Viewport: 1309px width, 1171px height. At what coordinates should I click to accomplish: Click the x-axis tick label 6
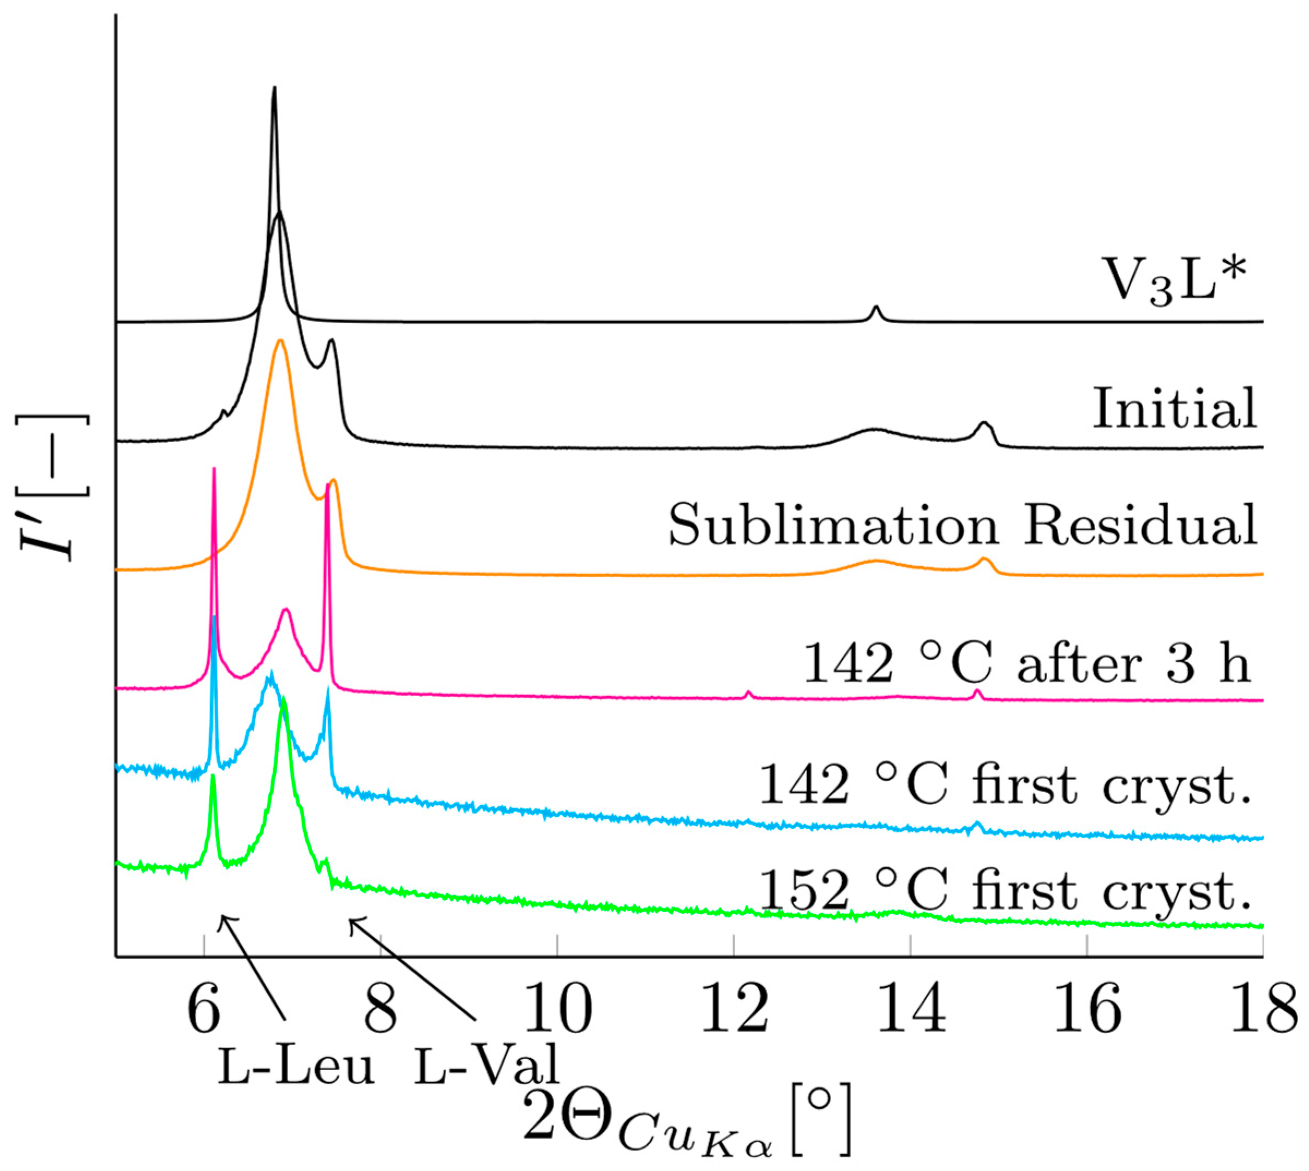click(x=204, y=1010)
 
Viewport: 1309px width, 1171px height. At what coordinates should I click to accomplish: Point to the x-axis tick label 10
click(x=557, y=1010)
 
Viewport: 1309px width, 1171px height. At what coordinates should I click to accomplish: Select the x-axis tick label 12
click(x=734, y=1010)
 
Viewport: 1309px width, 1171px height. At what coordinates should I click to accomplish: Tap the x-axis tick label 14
click(x=911, y=1010)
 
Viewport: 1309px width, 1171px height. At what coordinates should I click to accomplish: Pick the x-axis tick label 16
click(x=1087, y=1010)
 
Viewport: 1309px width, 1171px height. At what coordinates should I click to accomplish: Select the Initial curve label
click(x=1174, y=408)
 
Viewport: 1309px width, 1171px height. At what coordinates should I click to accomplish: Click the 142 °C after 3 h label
click(x=1027, y=663)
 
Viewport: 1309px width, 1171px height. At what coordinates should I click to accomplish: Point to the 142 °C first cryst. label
click(x=1005, y=785)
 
